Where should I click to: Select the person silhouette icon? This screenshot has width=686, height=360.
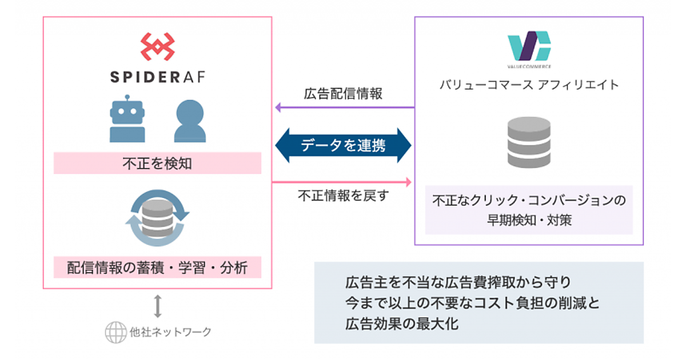point(190,121)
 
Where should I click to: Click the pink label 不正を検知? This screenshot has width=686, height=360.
point(157,164)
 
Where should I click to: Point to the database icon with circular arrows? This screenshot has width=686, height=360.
point(157,218)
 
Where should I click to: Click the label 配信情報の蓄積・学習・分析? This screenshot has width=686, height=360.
point(157,267)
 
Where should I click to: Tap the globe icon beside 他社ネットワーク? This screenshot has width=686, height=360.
point(115,332)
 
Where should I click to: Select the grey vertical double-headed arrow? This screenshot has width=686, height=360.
point(158,305)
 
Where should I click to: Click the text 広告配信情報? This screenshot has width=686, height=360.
point(343,94)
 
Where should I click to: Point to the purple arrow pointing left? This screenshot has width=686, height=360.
point(343,107)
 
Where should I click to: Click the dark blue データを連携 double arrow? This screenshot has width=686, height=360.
point(343,145)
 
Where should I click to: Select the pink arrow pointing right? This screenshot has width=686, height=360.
point(343,182)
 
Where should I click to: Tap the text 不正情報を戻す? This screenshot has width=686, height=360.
point(343,195)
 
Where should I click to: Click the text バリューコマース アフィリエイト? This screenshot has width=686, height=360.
point(529,85)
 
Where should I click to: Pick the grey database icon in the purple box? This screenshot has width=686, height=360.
point(529,143)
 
